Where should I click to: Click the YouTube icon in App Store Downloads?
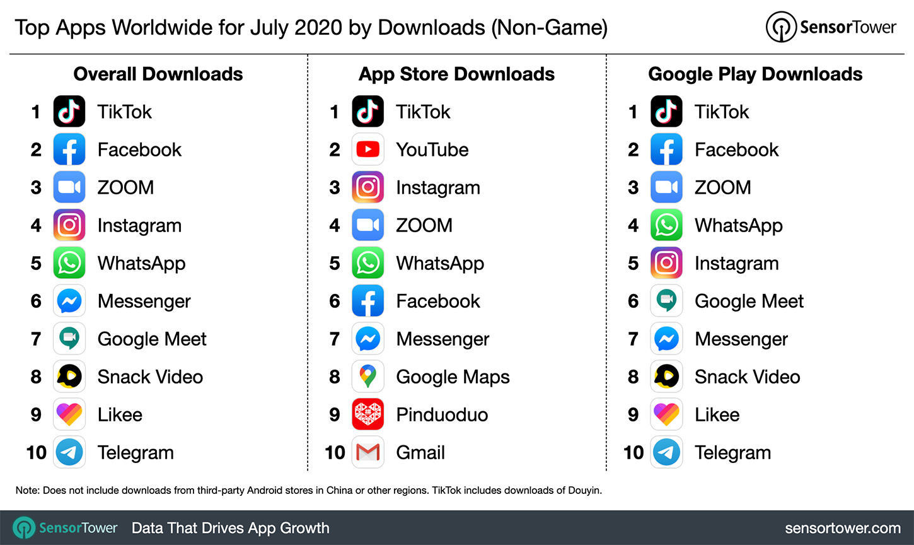pyautogui.click(x=367, y=149)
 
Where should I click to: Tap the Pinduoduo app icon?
pyautogui.click(x=367, y=414)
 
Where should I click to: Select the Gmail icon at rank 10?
pyautogui.click(x=367, y=452)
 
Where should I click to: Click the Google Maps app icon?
pyautogui.click(x=367, y=377)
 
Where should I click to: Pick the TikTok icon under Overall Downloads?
pyautogui.click(x=69, y=112)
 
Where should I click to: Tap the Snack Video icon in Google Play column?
pyautogui.click(x=666, y=377)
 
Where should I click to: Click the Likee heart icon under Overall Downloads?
pyautogui.click(x=69, y=414)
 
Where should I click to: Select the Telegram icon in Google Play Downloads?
pyautogui.click(x=666, y=452)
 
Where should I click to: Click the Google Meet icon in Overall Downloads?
pyautogui.click(x=69, y=339)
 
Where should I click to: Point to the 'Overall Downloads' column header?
pyautogui.click(x=158, y=74)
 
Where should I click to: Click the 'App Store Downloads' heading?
pyautogui.click(x=456, y=74)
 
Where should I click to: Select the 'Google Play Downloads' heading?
pyautogui.click(x=755, y=74)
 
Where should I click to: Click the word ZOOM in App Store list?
pyautogui.click(x=424, y=225)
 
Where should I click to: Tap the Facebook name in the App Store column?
pyautogui.click(x=438, y=301)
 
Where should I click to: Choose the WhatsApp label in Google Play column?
pyautogui.click(x=739, y=225)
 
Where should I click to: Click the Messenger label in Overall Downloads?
pyautogui.click(x=144, y=301)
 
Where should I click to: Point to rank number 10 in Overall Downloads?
pyautogui.click(x=37, y=452)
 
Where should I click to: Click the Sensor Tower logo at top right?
pyautogui.click(x=831, y=27)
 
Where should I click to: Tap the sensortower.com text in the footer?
pyautogui.click(x=843, y=528)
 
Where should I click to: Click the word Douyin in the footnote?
pyautogui.click(x=584, y=490)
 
